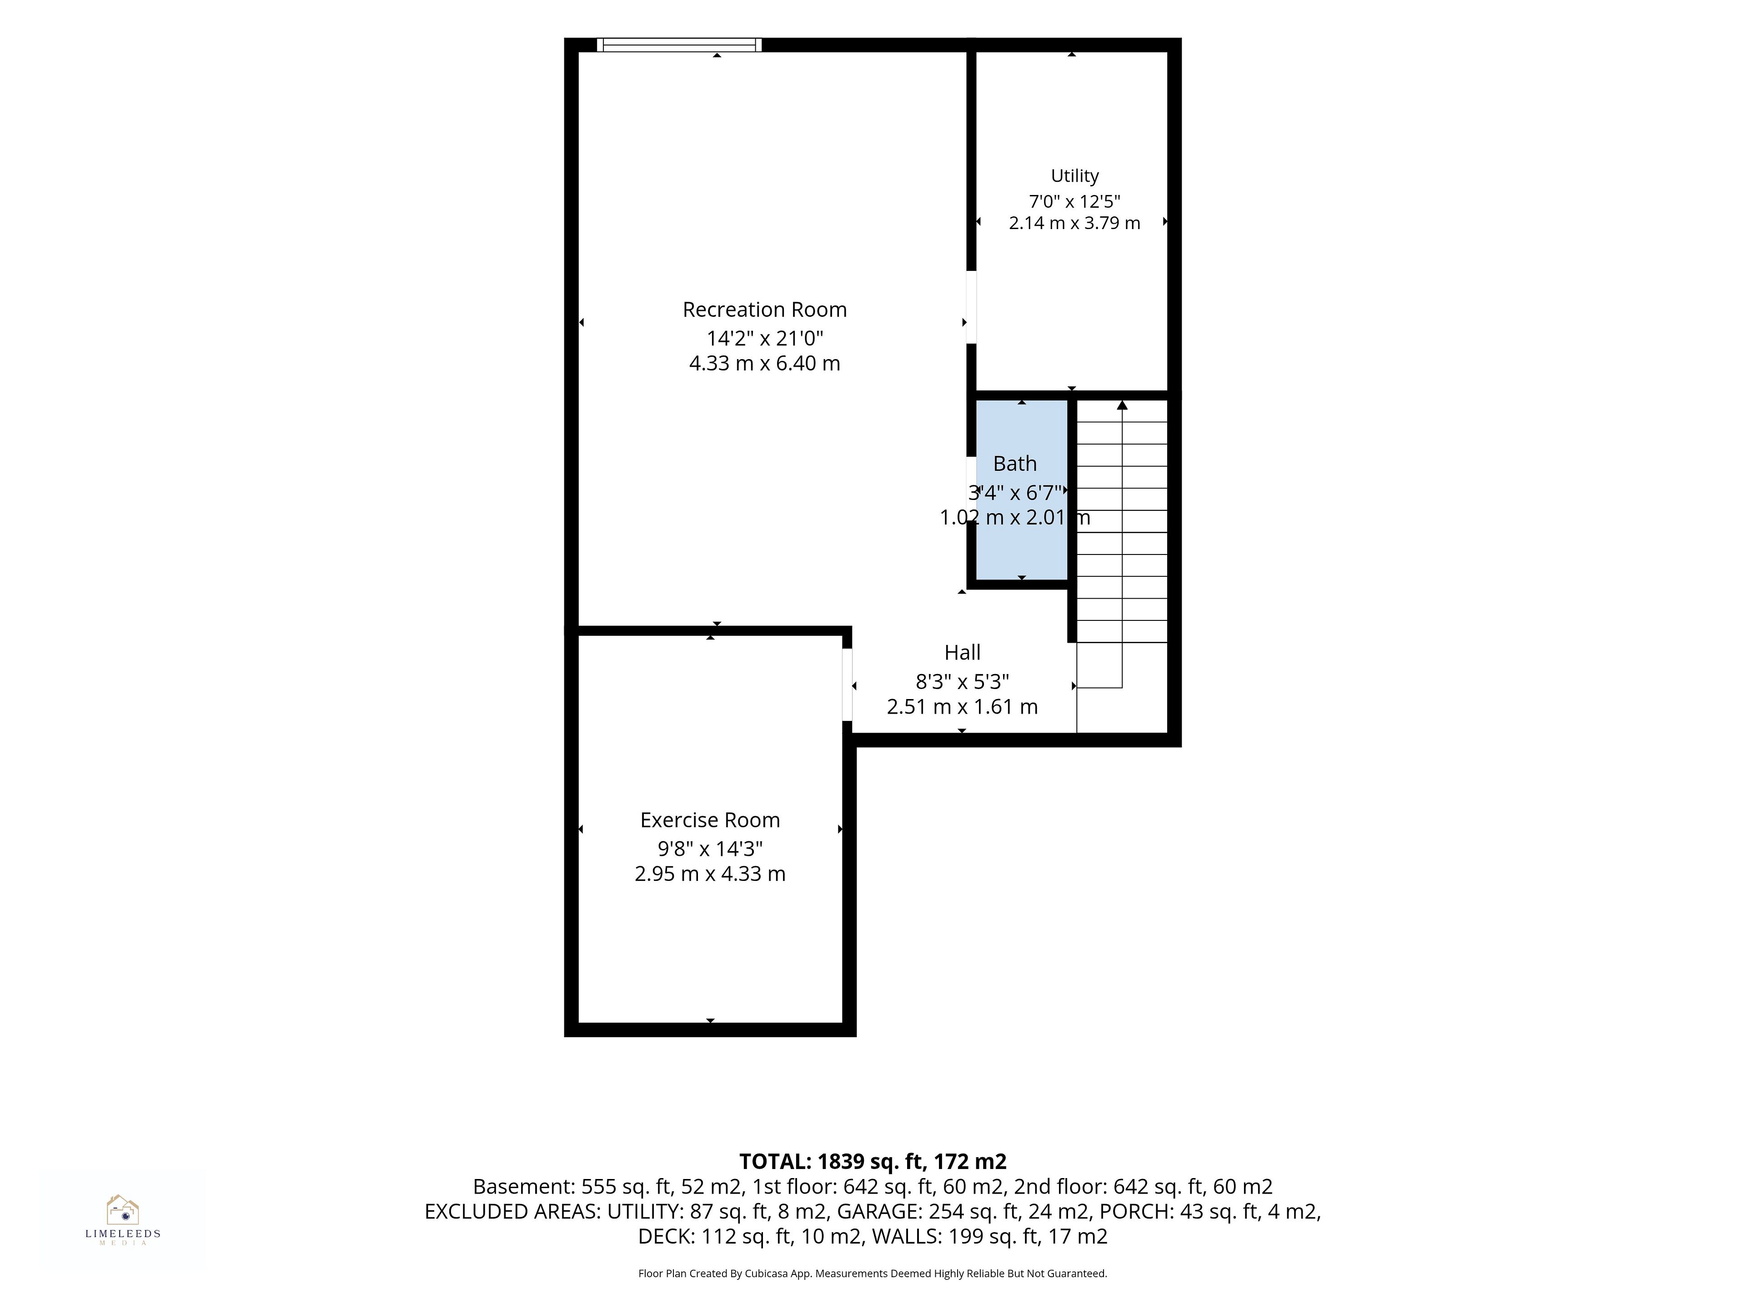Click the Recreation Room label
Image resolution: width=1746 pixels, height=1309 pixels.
click(x=764, y=310)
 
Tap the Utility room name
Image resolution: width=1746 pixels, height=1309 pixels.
click(x=1074, y=176)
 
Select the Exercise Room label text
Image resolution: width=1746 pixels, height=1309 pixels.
click(x=710, y=820)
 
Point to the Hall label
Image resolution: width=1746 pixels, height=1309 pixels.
click(x=962, y=653)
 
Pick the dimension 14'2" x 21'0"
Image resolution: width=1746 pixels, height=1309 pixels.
click(x=764, y=339)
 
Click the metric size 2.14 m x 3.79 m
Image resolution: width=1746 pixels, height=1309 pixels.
click(x=1074, y=223)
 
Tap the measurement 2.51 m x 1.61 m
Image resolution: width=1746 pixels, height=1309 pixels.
click(x=962, y=706)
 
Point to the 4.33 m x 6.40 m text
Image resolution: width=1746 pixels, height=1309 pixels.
click(x=764, y=364)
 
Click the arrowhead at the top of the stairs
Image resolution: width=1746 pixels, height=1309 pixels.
click(x=1122, y=405)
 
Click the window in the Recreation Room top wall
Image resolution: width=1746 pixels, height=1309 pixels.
click(x=679, y=45)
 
